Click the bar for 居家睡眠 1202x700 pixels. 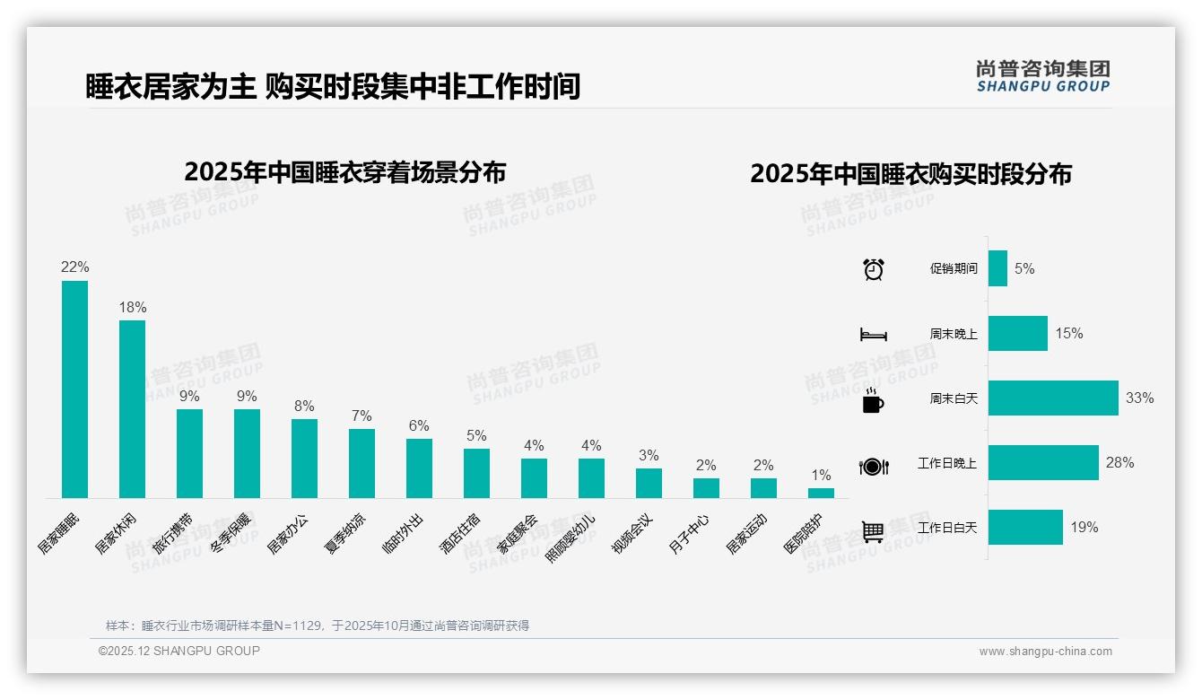point(74,389)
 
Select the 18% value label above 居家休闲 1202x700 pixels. point(133,307)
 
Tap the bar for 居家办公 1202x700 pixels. point(304,458)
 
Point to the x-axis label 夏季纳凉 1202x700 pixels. point(345,533)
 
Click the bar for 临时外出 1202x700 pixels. point(419,468)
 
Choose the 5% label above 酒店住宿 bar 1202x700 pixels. point(476,435)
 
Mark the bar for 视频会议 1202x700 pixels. point(649,483)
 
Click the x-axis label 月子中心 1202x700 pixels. point(691,533)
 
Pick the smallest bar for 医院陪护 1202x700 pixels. point(821,493)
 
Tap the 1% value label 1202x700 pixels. point(821,476)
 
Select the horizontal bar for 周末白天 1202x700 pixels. point(1053,398)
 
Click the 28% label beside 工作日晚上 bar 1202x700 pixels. point(1119,463)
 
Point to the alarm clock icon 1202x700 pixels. point(873,269)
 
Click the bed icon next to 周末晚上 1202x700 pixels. point(873,334)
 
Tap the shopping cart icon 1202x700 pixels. point(873,531)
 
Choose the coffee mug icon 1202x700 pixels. point(873,401)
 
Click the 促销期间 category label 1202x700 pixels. point(954,269)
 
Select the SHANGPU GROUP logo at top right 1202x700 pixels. point(1042,76)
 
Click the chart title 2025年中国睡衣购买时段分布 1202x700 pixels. point(910,174)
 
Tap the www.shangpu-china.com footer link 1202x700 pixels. point(1045,652)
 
